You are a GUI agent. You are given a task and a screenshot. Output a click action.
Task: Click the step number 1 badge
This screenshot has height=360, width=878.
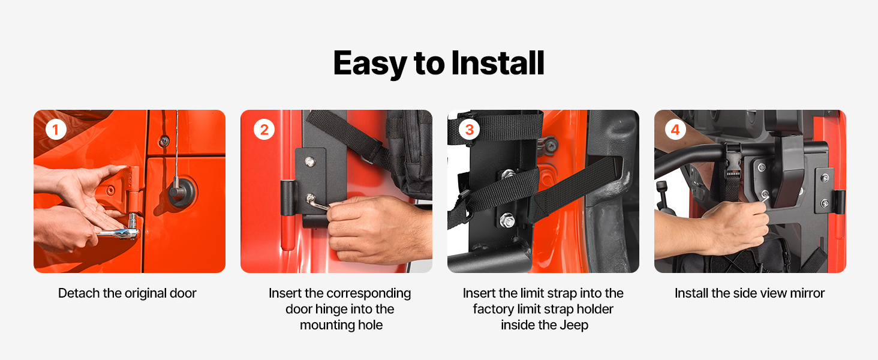[x=56, y=130]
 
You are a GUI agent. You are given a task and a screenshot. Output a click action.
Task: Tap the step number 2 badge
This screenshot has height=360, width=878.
[x=264, y=130]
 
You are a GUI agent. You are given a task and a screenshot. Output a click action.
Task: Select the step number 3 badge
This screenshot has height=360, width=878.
[x=469, y=130]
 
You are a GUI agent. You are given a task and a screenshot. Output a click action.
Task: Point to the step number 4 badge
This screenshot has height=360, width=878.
[x=675, y=130]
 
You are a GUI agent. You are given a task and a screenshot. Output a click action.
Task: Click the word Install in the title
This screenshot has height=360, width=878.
[x=498, y=63]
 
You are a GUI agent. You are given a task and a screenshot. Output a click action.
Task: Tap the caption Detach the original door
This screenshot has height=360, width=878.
[x=127, y=293]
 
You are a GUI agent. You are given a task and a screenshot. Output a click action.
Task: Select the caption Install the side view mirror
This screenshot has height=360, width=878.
[x=750, y=293]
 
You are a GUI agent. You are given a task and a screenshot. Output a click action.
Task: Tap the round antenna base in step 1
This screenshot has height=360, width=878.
[x=182, y=192]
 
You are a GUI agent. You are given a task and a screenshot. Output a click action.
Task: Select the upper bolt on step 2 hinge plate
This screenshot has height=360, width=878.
[x=309, y=161]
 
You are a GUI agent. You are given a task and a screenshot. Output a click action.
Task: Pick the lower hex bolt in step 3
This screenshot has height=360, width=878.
[x=506, y=220]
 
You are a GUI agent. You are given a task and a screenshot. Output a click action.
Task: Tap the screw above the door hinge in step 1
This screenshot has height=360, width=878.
[x=164, y=140]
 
